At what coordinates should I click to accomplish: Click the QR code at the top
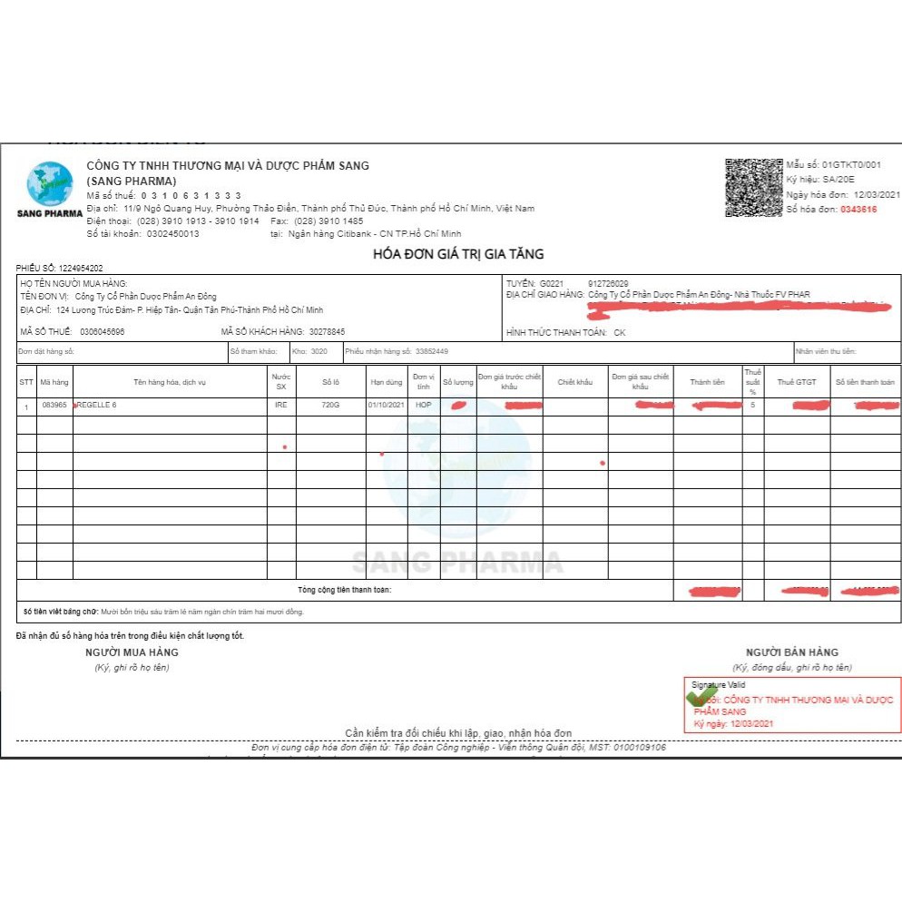(752, 186)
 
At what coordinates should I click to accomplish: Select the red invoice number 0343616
(858, 209)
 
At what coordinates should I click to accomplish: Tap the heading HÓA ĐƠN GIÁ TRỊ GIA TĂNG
(458, 254)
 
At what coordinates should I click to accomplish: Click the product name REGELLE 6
(97, 405)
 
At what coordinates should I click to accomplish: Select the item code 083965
(54, 405)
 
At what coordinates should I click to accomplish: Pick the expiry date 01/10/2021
(385, 405)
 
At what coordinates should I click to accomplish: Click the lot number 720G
(330, 405)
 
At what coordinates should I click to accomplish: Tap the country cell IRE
(280, 405)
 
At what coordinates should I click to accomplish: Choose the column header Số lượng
(457, 382)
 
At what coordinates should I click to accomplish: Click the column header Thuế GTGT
(796, 382)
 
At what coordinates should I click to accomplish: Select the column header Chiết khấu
(574, 382)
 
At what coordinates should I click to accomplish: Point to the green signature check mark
(701, 696)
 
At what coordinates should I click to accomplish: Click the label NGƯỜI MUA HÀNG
(132, 652)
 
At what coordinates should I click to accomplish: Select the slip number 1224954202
(81, 269)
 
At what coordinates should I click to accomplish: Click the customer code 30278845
(327, 332)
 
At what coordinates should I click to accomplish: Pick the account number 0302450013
(172, 233)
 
